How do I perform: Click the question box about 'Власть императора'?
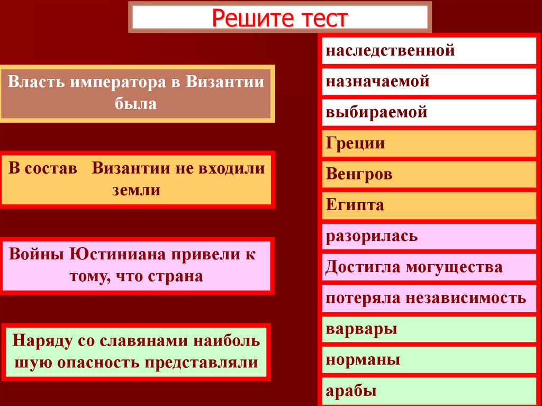click(137, 93)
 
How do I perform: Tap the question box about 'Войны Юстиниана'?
click(137, 265)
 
